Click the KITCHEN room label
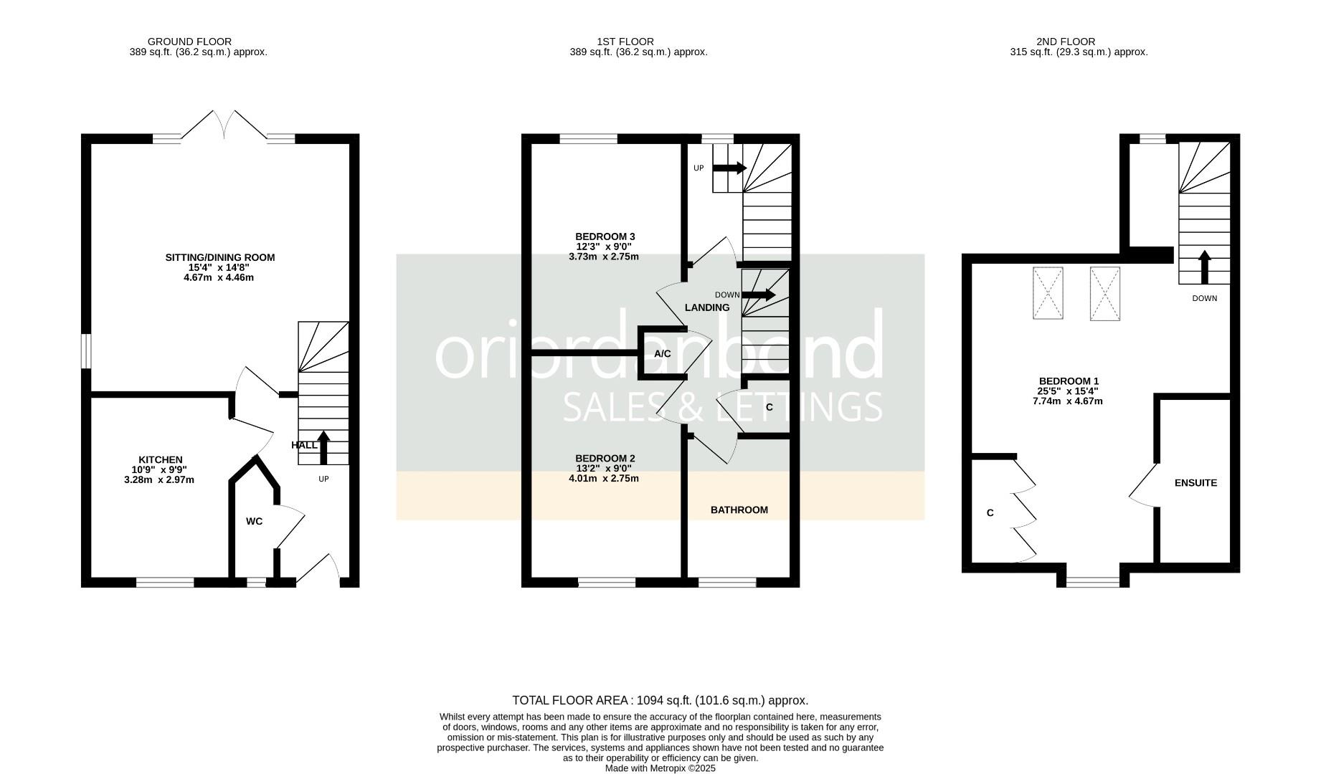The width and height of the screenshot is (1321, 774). pyautogui.click(x=160, y=460)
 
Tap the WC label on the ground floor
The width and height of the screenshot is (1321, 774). pyautogui.click(x=254, y=522)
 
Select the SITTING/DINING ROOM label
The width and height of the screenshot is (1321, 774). pyautogui.click(x=219, y=257)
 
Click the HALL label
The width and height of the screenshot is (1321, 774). pyautogui.click(x=304, y=445)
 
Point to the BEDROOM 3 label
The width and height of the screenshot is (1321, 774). pyautogui.click(x=605, y=236)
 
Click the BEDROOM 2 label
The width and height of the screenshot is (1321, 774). pyautogui.click(x=605, y=459)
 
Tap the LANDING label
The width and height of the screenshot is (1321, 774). pyautogui.click(x=706, y=307)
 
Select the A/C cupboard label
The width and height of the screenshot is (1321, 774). pyautogui.click(x=662, y=354)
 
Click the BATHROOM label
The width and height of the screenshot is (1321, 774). pyautogui.click(x=739, y=510)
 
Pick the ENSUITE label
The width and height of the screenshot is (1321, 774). pyautogui.click(x=1195, y=483)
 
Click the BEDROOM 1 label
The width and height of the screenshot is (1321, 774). pyautogui.click(x=1069, y=381)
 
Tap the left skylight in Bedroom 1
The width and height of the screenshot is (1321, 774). pyautogui.click(x=1048, y=293)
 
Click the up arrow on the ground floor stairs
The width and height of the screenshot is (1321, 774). pyautogui.click(x=323, y=448)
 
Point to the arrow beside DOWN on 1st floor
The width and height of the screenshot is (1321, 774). pyautogui.click(x=758, y=295)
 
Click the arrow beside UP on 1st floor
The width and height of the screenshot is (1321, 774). pyautogui.click(x=729, y=168)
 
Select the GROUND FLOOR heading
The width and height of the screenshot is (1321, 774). pyautogui.click(x=189, y=42)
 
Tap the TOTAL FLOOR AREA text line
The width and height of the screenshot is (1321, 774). pyautogui.click(x=660, y=700)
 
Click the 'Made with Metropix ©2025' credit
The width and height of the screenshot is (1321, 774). pyautogui.click(x=660, y=768)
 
